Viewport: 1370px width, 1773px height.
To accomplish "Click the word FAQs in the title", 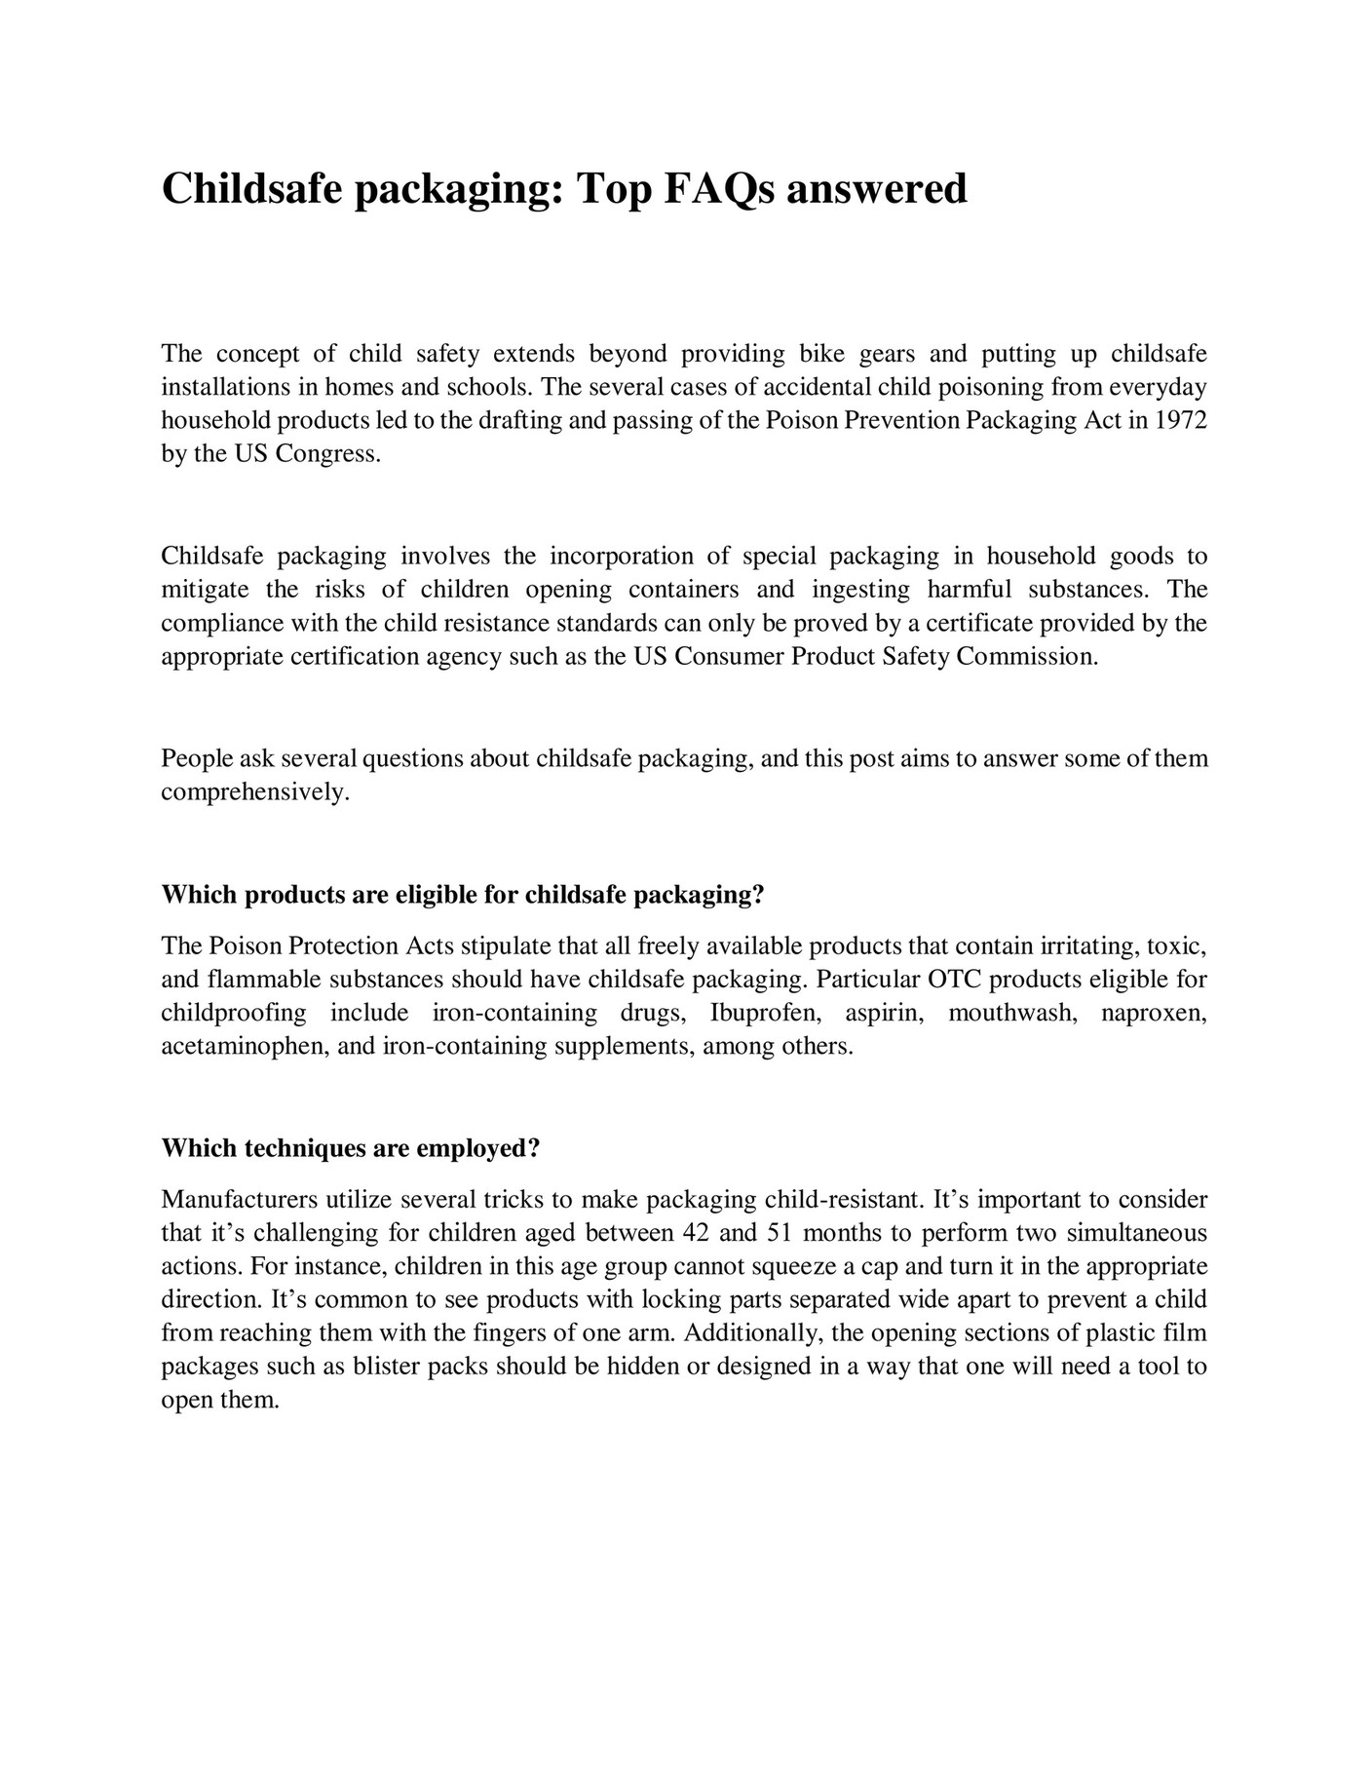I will [720, 189].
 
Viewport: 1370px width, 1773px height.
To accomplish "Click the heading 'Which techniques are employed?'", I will [350, 1149].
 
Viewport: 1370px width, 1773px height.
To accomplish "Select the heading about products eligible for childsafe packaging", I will [462, 896].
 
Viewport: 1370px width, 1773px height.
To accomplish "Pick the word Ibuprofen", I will [765, 1014].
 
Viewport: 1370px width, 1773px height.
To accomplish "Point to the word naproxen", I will [1154, 1014].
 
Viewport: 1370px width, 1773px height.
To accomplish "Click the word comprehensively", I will [254, 792].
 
